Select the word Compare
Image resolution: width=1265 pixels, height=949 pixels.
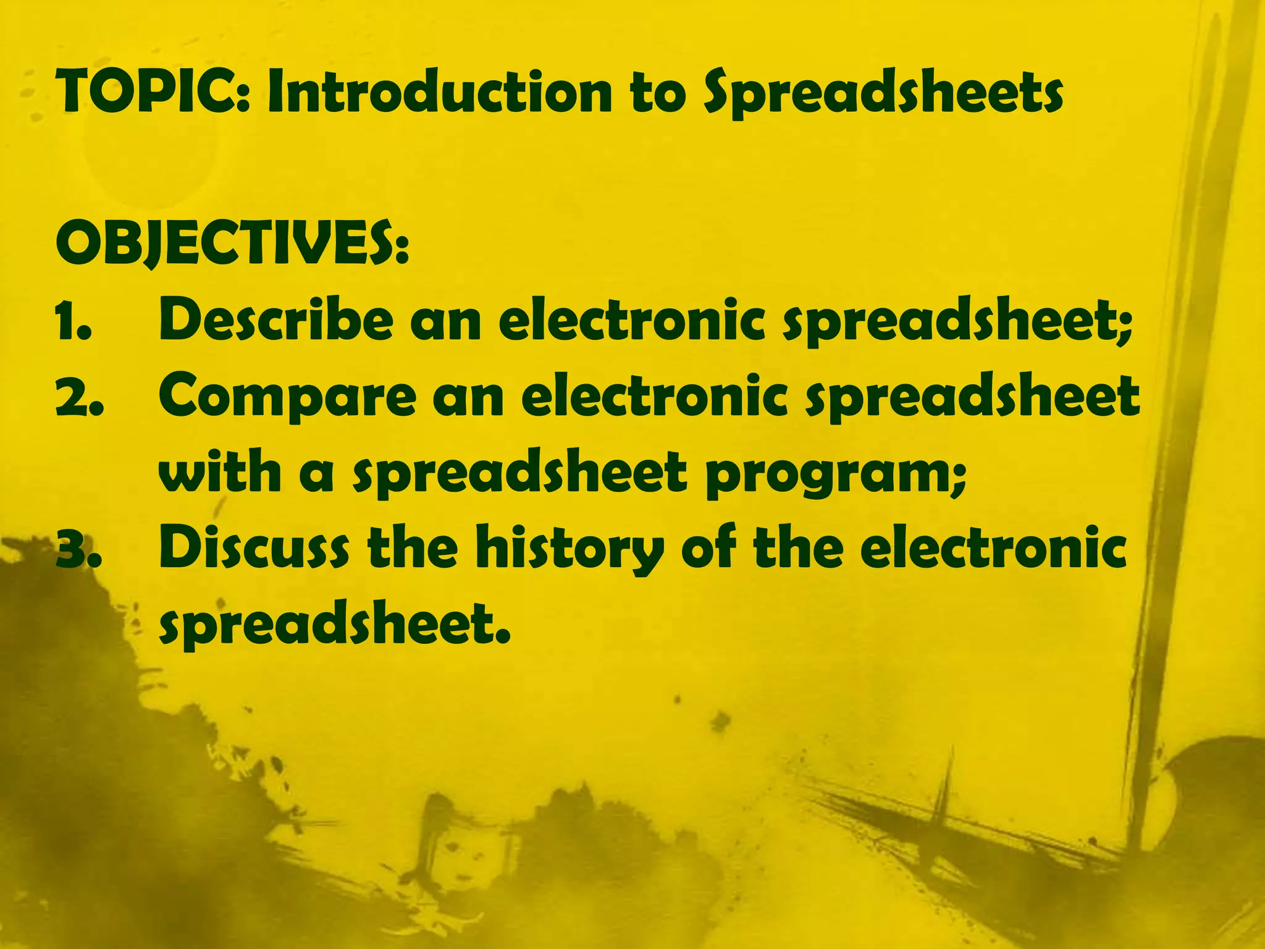pos(287,399)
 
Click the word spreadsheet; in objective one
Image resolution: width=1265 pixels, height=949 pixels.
pos(957,323)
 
